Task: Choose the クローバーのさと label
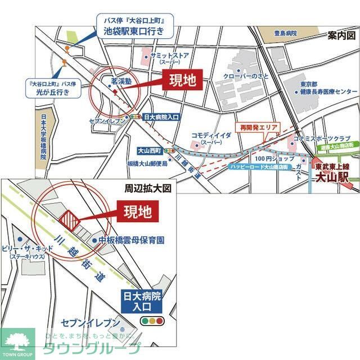pyautogui.click(x=244, y=75)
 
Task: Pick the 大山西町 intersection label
pyautogui.click(x=150, y=151)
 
